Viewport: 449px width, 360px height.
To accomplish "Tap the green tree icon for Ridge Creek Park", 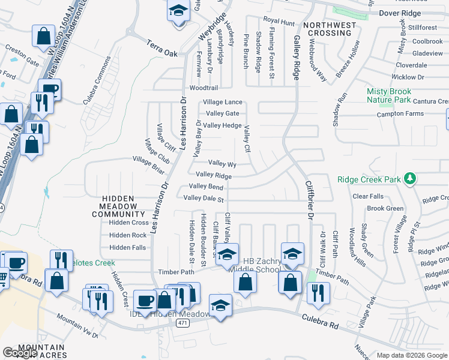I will pyautogui.click(x=410, y=179).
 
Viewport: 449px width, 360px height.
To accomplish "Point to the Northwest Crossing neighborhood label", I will pyautogui.click(x=327, y=29).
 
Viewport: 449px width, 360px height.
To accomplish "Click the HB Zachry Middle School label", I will pyautogui.click(x=262, y=265).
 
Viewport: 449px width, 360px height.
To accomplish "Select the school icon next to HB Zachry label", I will pyautogui.click(x=228, y=253).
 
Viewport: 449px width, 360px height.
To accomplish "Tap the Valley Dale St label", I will pyautogui.click(x=203, y=198).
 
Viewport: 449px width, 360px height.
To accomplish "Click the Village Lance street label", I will pyautogui.click(x=223, y=103).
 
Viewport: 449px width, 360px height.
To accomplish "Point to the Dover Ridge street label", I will pyautogui.click(x=399, y=12).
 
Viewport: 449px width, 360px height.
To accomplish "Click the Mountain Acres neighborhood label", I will pyautogui.click(x=41, y=351).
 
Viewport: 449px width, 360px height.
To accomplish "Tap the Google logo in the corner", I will pyautogui.click(x=20, y=353).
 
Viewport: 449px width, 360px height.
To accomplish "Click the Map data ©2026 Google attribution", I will pyautogui.click(x=412, y=355).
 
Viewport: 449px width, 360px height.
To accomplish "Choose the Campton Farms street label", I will pyautogui.click(x=400, y=114).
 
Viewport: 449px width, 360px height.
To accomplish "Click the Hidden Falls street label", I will pyautogui.click(x=128, y=247).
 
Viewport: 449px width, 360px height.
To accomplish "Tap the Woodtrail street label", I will pyautogui.click(x=187, y=88).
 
